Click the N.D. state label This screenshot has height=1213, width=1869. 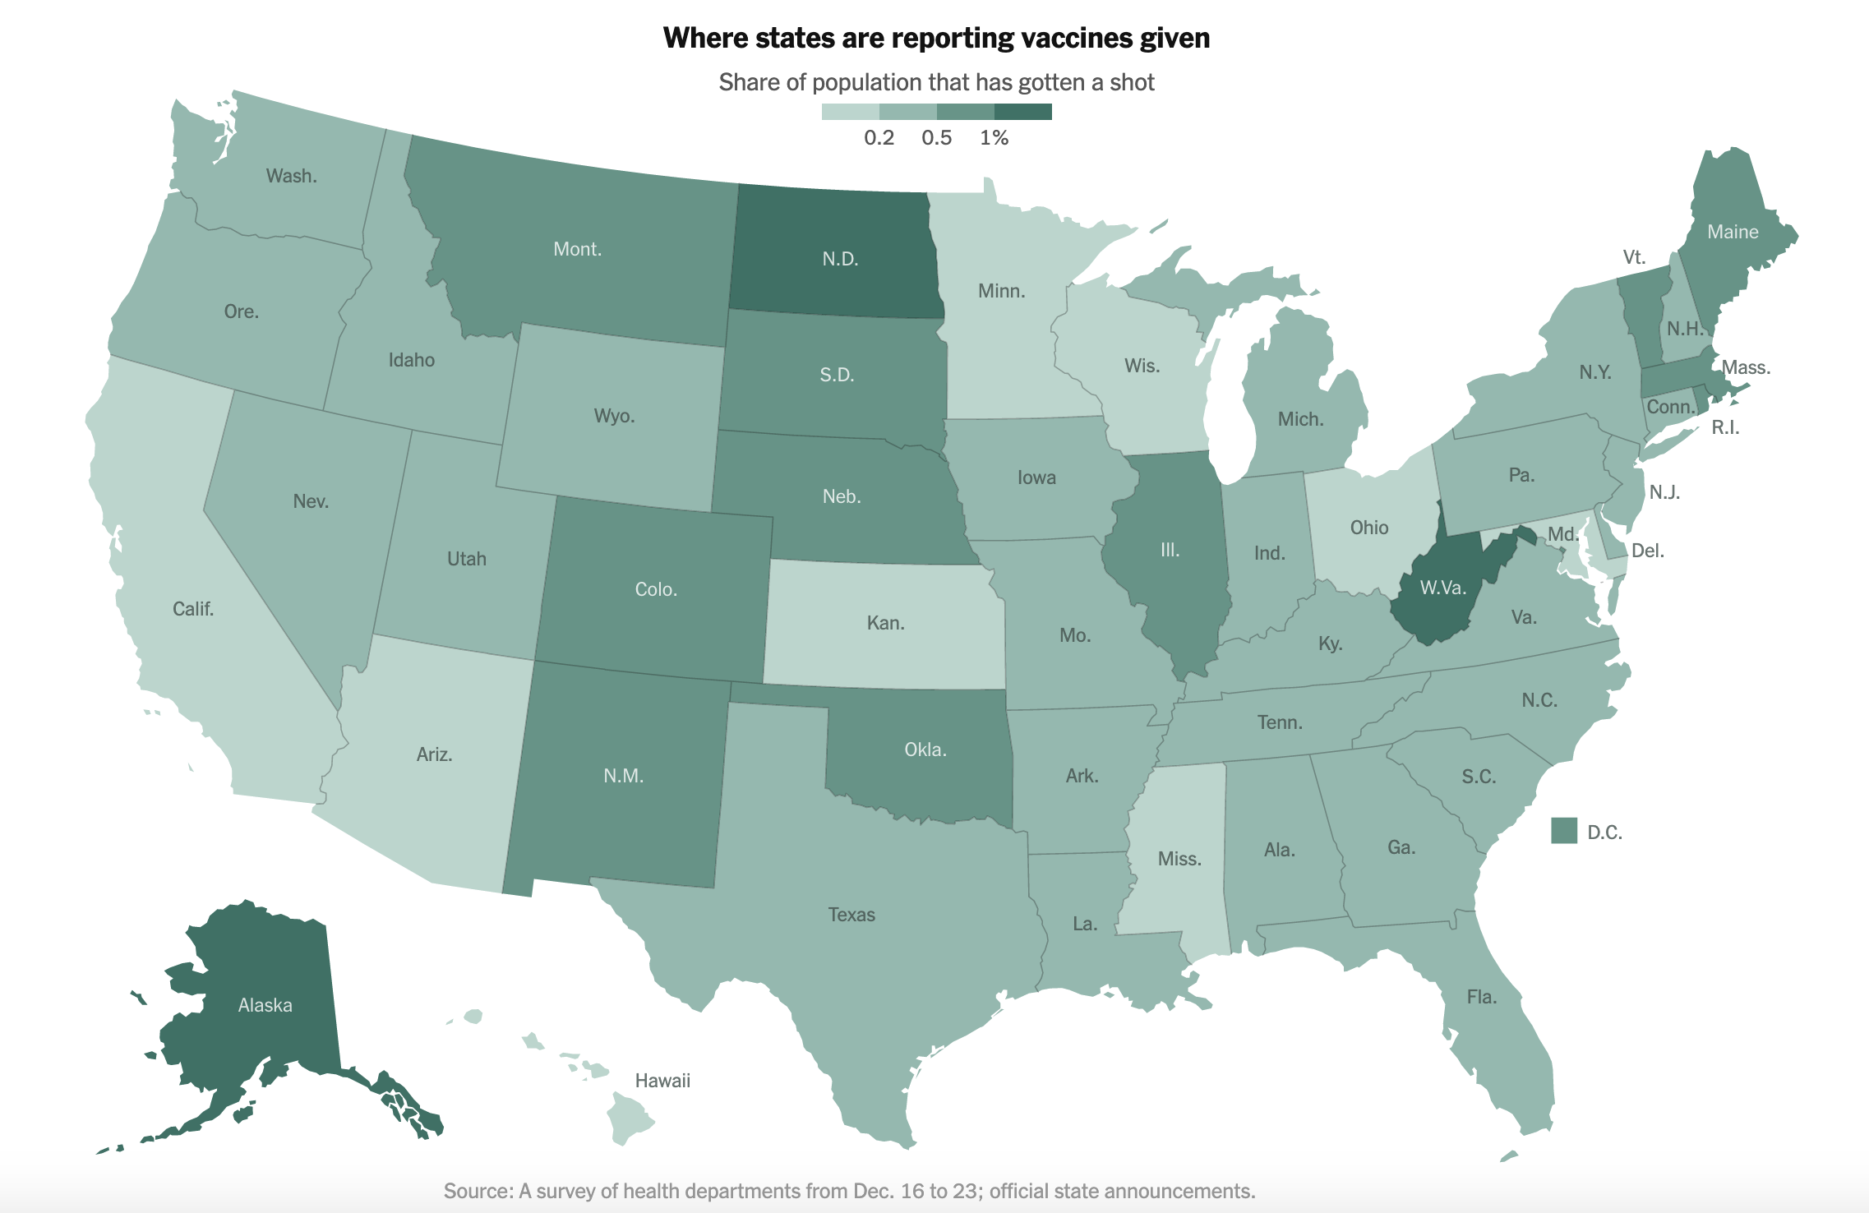click(x=840, y=259)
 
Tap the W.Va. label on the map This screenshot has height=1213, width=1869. click(x=1443, y=588)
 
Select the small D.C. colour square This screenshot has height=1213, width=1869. click(x=1564, y=831)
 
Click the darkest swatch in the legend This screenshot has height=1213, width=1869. click(x=1022, y=112)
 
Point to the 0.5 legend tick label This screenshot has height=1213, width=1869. click(x=936, y=138)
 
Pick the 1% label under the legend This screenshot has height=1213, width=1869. click(x=994, y=138)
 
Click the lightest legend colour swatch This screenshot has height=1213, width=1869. click(x=850, y=112)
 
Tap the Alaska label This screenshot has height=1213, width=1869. click(x=265, y=1005)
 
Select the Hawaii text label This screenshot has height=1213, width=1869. click(x=662, y=1081)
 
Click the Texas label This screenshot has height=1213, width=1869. click(x=851, y=915)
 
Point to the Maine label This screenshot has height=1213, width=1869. click(x=1733, y=232)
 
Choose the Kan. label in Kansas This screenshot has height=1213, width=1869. click(x=885, y=623)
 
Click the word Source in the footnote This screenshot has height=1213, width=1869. click(x=478, y=1191)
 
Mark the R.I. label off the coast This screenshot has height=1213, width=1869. click(x=1725, y=427)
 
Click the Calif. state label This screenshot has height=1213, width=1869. click(x=193, y=609)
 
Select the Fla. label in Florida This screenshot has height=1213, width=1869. click(x=1482, y=997)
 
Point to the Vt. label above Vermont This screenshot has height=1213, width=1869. click(x=1634, y=257)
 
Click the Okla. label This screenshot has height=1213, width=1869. click(x=925, y=749)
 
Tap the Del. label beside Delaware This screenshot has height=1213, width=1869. click(x=1648, y=551)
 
